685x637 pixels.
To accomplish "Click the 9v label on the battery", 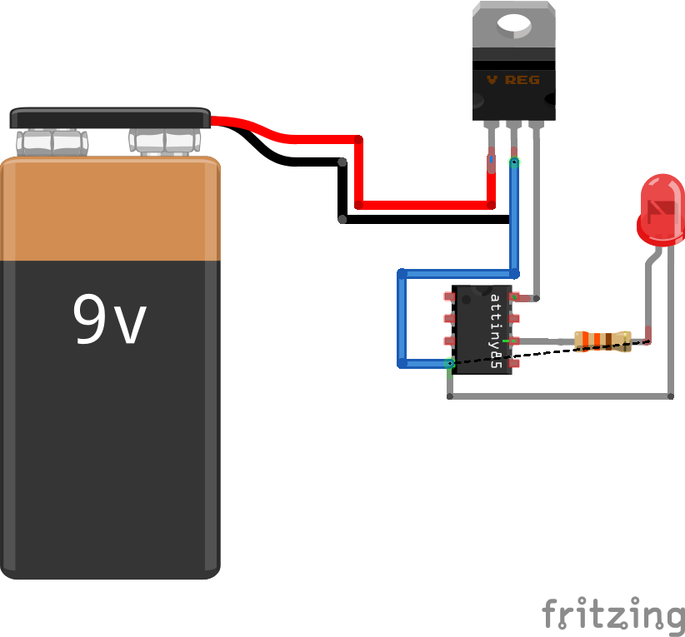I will pyautogui.click(x=109, y=320).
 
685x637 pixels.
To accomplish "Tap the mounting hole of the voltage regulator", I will pyautogui.click(x=513, y=26).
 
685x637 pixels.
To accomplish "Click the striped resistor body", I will pyautogui.click(x=602, y=340).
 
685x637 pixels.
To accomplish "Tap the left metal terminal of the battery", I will pyautogui.click(x=52, y=142).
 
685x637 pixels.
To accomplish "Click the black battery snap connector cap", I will pyautogui.click(x=110, y=117).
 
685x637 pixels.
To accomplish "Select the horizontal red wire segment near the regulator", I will pyautogui.click(x=423, y=204).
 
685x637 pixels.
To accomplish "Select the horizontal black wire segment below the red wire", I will pyautogui.click(x=425, y=220).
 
